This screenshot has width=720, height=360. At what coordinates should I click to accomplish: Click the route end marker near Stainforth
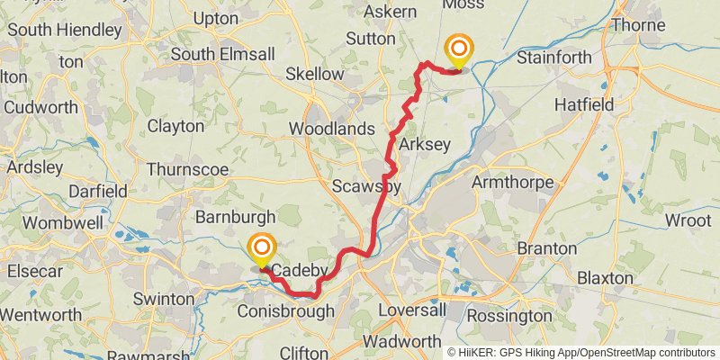[x=459, y=49]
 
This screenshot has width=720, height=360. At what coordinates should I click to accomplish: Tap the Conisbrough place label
[x=286, y=311]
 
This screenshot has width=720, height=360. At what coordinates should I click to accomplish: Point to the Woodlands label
[x=331, y=129]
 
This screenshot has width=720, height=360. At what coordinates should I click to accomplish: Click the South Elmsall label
[x=222, y=54]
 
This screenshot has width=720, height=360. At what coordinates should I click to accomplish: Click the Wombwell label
[x=52, y=222]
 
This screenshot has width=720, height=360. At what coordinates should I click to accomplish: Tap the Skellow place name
[x=314, y=74]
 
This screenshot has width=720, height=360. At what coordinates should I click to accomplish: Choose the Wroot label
[x=688, y=220]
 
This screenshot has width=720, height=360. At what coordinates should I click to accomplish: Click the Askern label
[x=389, y=12]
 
